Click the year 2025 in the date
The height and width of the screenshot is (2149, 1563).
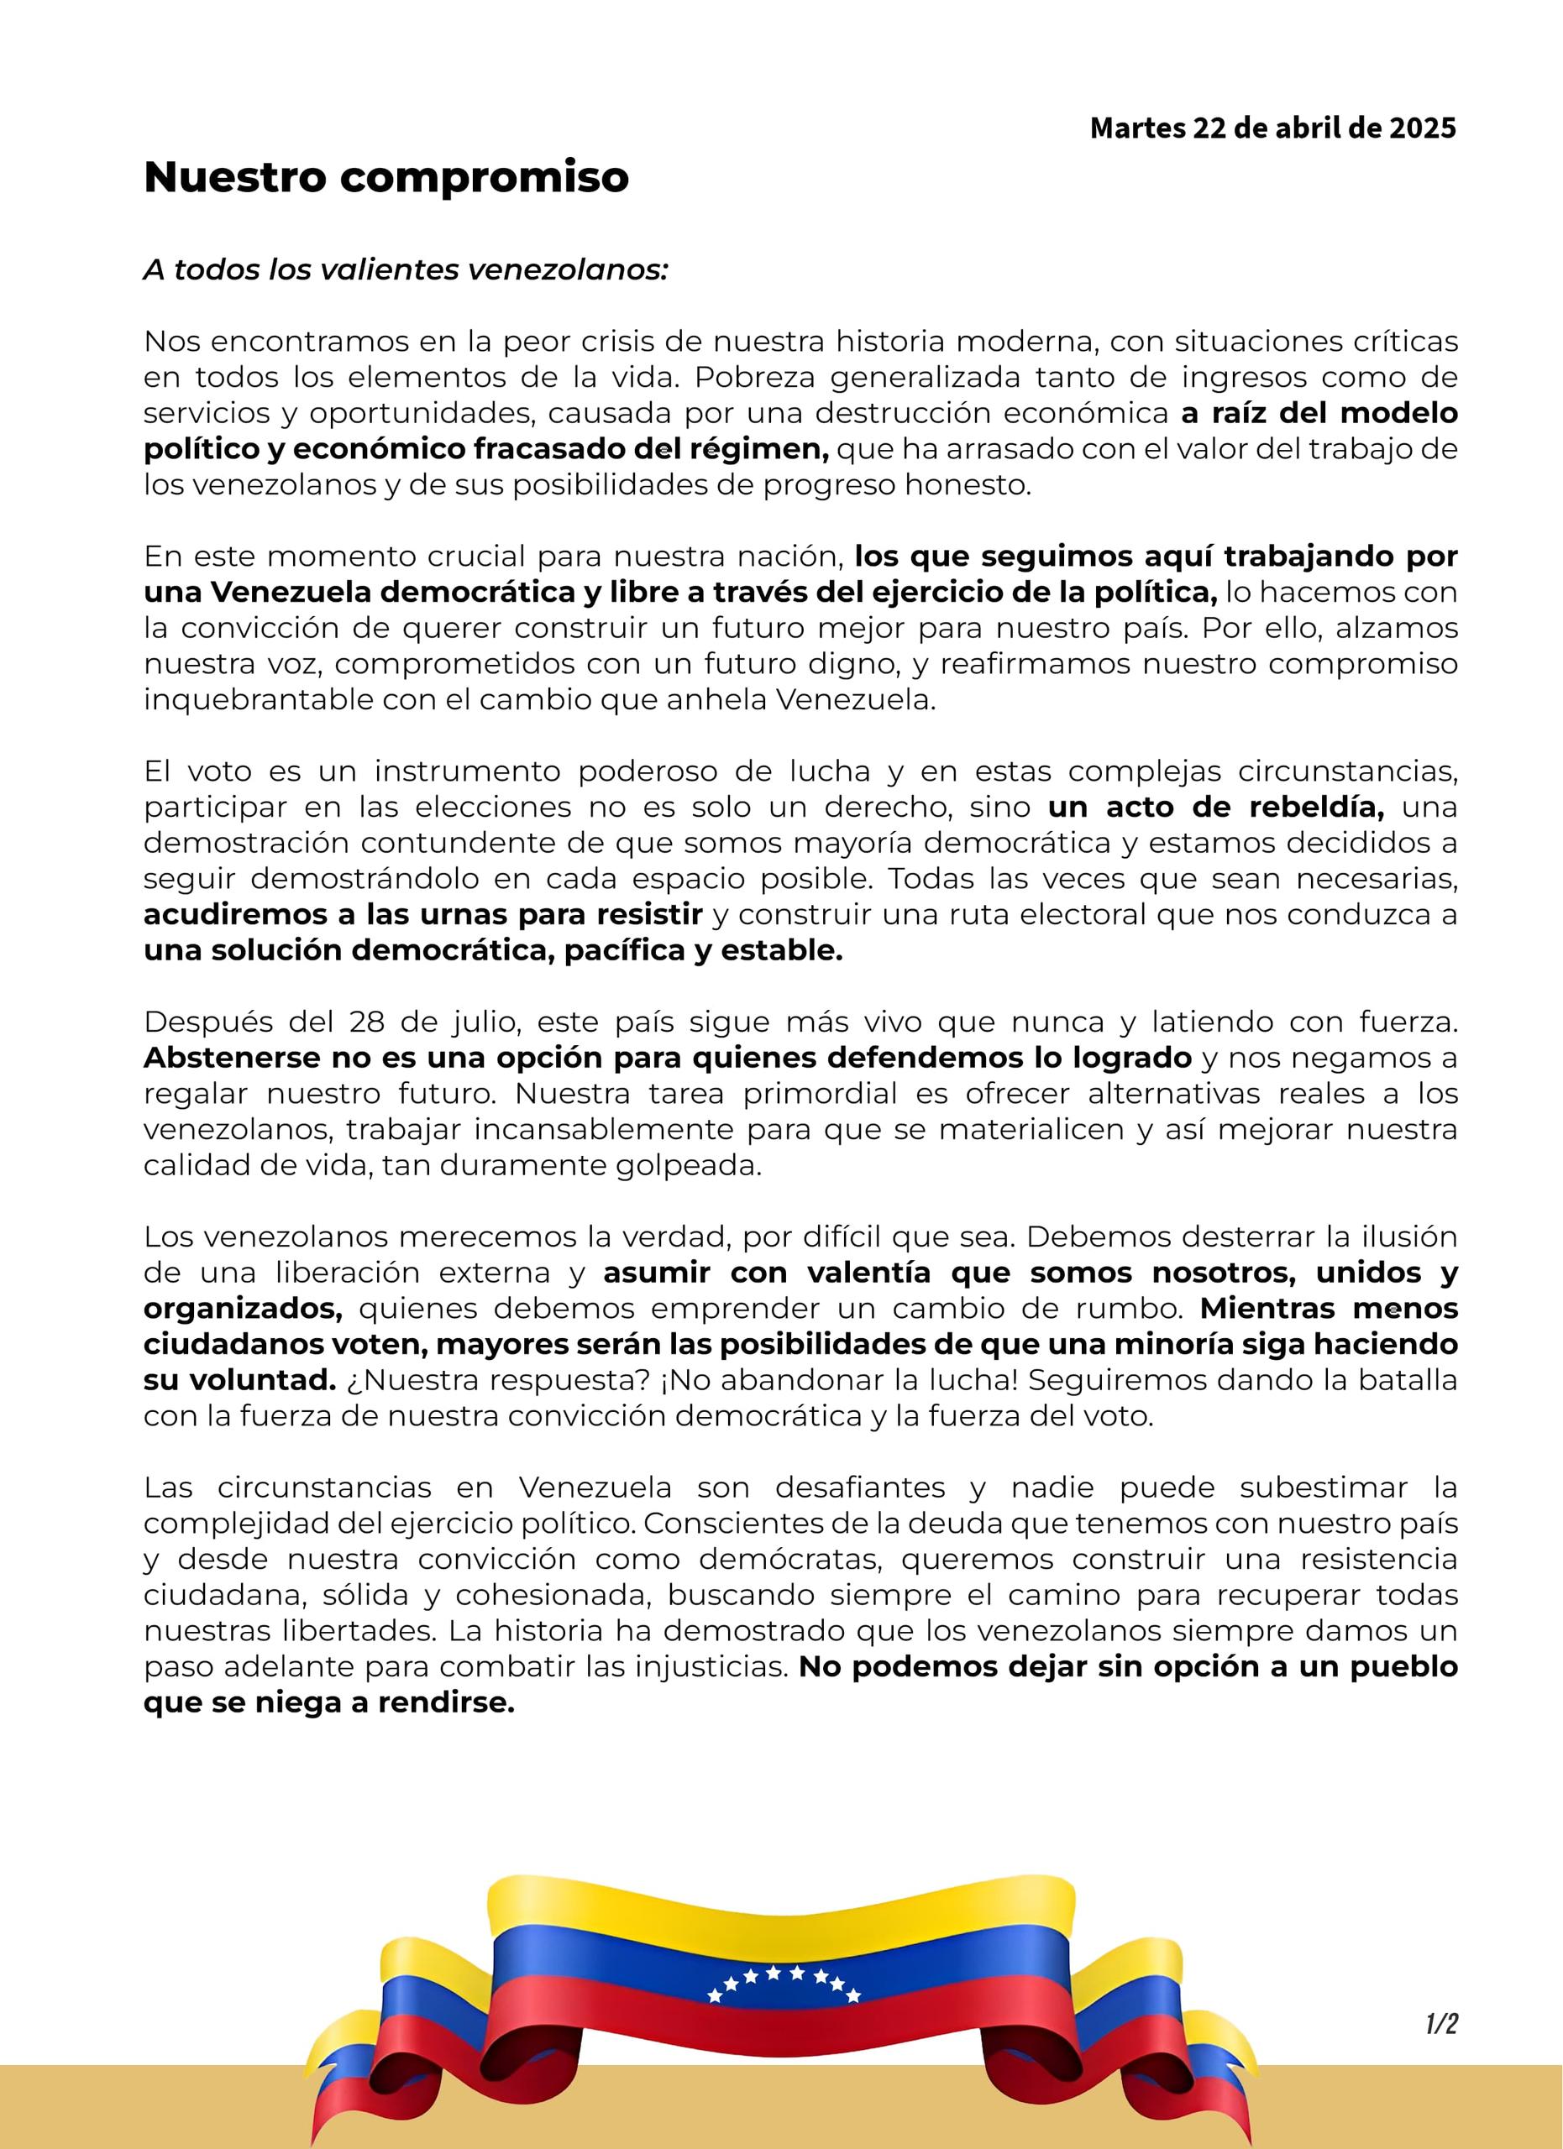(x=1422, y=128)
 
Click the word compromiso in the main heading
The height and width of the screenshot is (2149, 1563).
(x=484, y=178)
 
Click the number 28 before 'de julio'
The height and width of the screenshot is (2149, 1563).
(x=366, y=1023)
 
